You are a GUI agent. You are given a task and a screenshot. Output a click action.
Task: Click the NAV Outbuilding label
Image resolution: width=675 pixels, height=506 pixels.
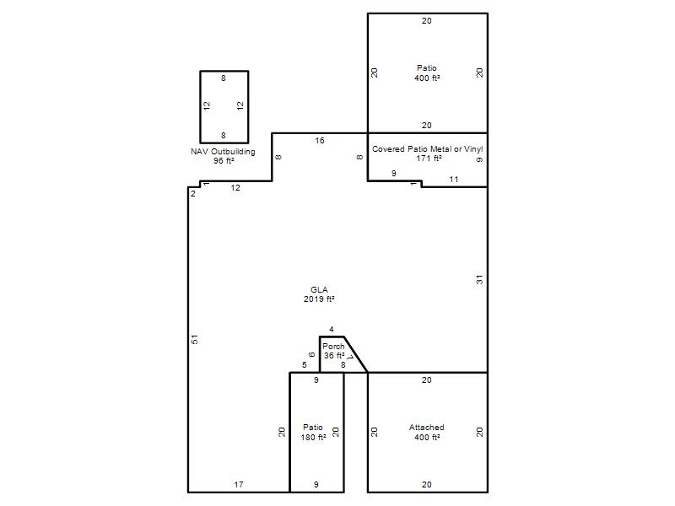[223, 156]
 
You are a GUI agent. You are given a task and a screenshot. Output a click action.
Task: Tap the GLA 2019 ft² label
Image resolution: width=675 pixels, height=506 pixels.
[319, 294]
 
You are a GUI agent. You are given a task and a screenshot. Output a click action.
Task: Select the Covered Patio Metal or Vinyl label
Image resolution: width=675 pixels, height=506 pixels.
[428, 153]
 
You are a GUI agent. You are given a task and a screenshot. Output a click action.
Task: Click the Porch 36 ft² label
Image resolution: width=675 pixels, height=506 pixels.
[334, 351]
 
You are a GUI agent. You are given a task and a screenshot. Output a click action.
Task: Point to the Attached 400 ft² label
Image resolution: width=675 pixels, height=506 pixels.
[427, 432]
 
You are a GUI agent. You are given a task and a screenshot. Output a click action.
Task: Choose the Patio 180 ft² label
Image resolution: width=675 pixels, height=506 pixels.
[313, 432]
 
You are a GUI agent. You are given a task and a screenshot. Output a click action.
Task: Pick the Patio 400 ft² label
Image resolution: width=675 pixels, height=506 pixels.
[427, 73]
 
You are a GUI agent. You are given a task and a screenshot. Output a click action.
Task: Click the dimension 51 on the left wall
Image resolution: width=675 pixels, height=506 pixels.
[195, 339]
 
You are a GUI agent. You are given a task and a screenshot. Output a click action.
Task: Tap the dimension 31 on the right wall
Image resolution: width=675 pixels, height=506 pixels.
[479, 280]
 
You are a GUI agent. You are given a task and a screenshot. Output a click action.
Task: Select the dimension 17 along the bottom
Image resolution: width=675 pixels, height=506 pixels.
[239, 484]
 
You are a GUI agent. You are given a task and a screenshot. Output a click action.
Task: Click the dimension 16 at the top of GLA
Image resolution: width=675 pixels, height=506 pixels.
[320, 140]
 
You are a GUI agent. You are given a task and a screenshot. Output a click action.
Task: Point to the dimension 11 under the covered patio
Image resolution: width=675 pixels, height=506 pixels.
[454, 179]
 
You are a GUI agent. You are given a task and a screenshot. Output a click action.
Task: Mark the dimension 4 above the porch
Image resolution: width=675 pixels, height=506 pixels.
[332, 329]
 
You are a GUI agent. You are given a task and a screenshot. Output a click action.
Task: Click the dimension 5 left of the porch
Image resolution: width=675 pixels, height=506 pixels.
[305, 365]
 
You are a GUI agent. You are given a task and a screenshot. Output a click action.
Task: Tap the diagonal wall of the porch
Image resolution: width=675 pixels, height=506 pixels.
[355, 354]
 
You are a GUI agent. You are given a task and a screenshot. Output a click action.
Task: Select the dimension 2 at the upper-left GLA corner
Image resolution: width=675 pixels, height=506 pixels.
[193, 194]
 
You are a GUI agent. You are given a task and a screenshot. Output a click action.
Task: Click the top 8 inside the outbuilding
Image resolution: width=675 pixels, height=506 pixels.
[224, 78]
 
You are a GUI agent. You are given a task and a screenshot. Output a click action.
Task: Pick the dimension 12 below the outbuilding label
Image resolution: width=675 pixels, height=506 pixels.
[235, 187]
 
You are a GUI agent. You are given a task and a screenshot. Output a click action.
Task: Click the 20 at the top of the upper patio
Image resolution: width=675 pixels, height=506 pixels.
[427, 20]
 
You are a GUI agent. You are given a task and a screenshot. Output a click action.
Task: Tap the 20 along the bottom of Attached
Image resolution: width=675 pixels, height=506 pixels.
[427, 484]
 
